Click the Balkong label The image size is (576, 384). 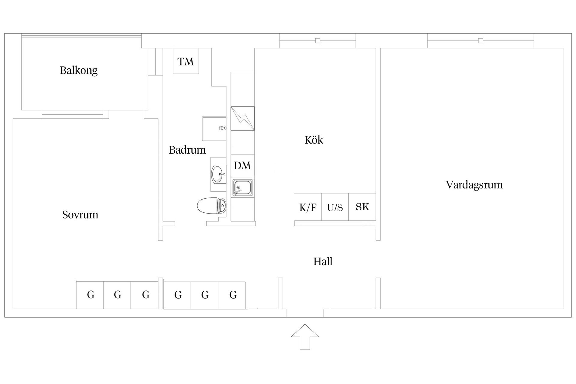79,70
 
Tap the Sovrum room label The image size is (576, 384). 80,215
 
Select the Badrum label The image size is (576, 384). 187,150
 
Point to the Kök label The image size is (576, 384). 314,140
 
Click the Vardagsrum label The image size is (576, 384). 474,185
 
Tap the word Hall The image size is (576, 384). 323,262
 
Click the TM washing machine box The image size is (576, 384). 186,61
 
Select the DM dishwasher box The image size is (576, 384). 242,165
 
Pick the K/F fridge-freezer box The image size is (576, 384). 307,207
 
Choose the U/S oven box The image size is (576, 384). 335,207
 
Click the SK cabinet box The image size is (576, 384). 362,207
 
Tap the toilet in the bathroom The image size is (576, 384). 211,206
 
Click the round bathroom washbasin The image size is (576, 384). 218,174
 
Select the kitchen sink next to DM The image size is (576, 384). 242,188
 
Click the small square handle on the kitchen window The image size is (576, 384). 318,41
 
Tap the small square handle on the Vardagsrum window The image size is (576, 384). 481,41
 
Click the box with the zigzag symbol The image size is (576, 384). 242,118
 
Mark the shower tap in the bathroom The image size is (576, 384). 222,128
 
